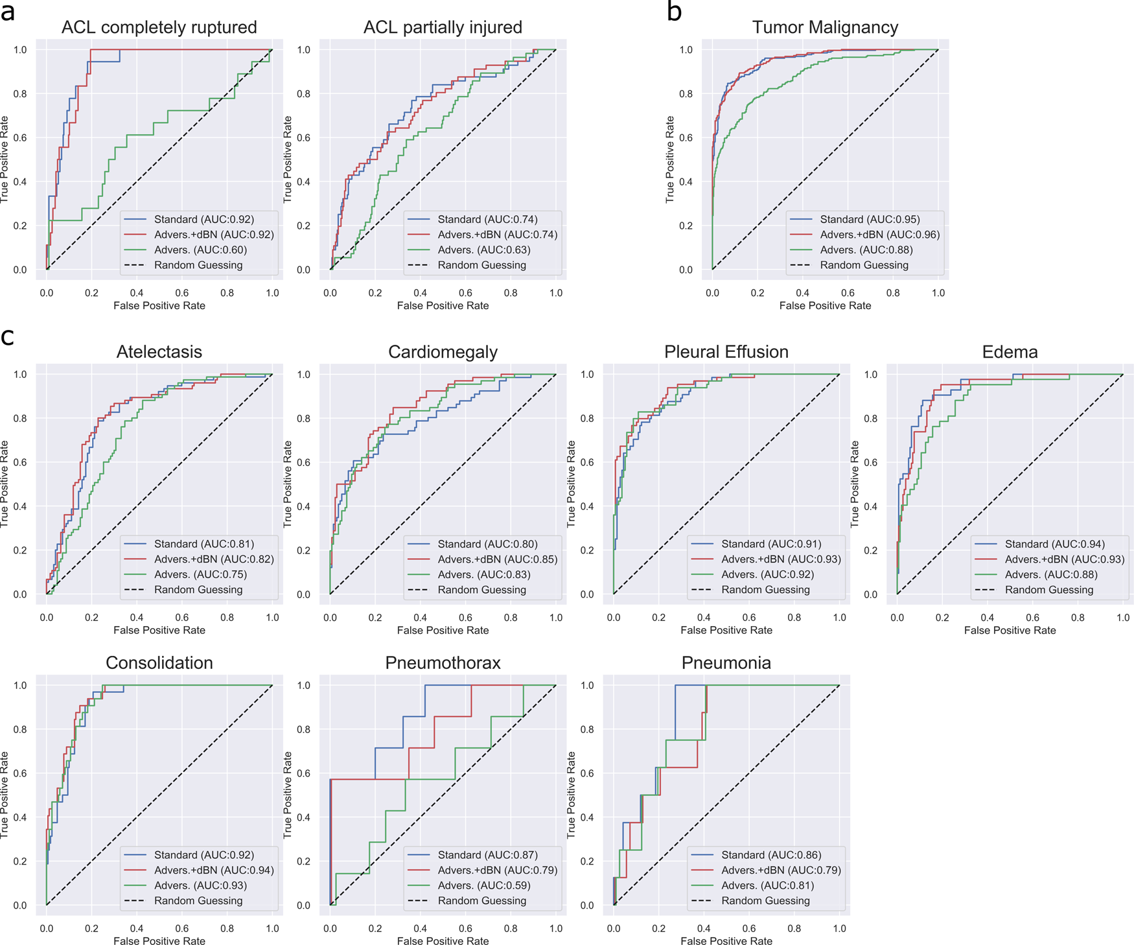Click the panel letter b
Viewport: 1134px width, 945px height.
point(674,12)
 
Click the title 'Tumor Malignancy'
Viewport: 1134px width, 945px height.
point(825,27)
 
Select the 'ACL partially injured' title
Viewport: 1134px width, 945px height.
point(443,27)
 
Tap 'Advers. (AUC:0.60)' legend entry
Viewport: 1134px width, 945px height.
point(200,250)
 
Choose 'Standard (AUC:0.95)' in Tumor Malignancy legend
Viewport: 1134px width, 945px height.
point(870,220)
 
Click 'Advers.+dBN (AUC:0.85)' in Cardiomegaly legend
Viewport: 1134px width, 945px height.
point(497,559)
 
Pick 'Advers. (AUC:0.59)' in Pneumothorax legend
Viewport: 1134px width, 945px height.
point(483,885)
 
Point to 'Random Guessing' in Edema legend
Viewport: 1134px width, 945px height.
point(1048,590)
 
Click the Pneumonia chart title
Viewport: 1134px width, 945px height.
point(726,663)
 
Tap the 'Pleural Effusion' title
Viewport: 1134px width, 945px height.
point(726,352)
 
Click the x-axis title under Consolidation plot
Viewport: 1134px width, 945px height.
point(159,940)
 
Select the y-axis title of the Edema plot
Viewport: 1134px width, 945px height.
point(855,484)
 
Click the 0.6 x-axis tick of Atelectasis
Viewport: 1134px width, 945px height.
point(182,618)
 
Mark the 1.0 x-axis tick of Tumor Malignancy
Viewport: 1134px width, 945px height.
point(938,293)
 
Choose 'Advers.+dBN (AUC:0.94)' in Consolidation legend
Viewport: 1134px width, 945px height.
point(213,870)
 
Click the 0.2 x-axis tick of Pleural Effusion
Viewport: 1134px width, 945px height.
point(658,618)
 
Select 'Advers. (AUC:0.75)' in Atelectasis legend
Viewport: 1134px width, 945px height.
point(200,575)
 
